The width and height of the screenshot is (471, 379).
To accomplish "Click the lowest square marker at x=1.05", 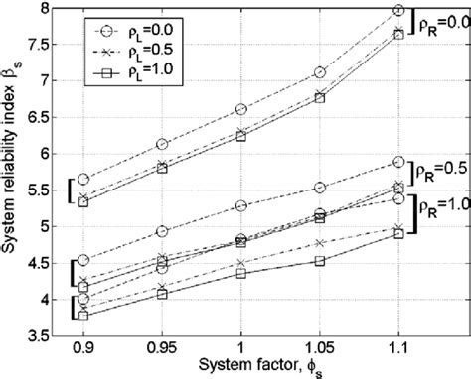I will (319, 261).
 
